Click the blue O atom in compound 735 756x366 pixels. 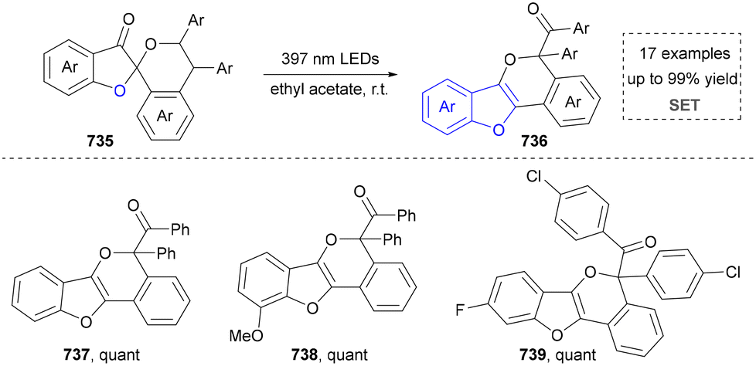(115, 92)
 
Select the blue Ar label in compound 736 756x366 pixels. (444, 108)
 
